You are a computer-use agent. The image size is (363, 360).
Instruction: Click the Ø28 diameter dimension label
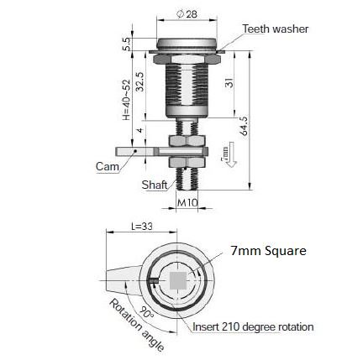[x=186, y=14]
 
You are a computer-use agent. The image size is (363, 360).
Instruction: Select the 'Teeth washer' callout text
[x=275, y=29]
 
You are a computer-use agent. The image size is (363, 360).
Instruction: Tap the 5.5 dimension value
[x=126, y=44]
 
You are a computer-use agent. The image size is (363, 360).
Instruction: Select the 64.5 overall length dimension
[x=244, y=126]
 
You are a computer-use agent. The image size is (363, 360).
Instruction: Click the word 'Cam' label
[x=107, y=166]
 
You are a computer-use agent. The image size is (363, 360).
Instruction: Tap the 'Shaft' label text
[x=153, y=185]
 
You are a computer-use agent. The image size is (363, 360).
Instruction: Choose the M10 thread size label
[x=187, y=202]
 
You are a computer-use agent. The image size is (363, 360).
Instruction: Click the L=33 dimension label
[x=142, y=226]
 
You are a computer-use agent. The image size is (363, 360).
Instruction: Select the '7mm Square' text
[x=268, y=251]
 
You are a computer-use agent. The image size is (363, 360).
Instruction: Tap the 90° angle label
[x=147, y=311]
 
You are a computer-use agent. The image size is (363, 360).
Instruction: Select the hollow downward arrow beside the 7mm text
[x=234, y=156]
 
